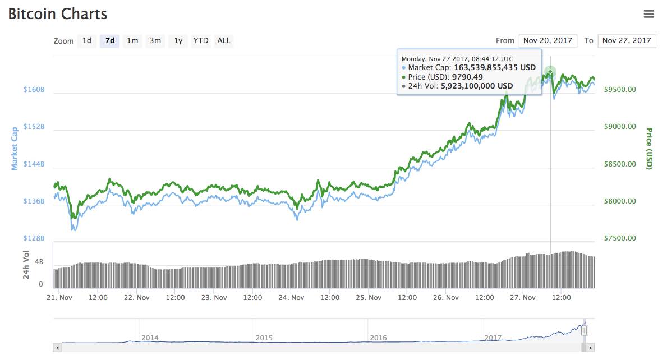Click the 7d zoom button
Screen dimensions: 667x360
pyautogui.click(x=110, y=41)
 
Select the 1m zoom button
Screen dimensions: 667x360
pyautogui.click(x=132, y=41)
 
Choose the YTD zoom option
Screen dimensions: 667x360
pyautogui.click(x=201, y=41)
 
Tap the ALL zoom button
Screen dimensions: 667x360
pyautogui.click(x=224, y=41)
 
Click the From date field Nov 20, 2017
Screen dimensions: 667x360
pyautogui.click(x=548, y=41)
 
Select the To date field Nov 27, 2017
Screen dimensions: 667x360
pyautogui.click(x=627, y=41)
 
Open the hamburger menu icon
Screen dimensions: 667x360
pyautogui.click(x=648, y=14)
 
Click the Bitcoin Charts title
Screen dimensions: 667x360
pyautogui.click(x=57, y=14)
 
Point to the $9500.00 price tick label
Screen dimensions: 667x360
pyautogui.click(x=620, y=90)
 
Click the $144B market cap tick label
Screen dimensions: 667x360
pyautogui.click(x=34, y=164)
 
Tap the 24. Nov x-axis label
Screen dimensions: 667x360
pyautogui.click(x=291, y=298)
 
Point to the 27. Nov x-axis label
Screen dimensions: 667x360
pyautogui.click(x=523, y=298)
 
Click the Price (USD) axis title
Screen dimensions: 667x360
pyautogui.click(x=649, y=149)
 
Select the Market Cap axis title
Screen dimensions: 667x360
pyautogui.click(x=15, y=149)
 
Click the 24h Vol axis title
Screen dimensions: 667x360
pyautogui.click(x=26, y=265)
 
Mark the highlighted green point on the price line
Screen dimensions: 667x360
pyautogui.click(x=550, y=72)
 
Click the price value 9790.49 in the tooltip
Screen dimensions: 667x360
pyautogui.click(x=467, y=77)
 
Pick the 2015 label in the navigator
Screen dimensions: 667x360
pyautogui.click(x=264, y=338)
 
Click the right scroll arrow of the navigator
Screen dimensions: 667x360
pyautogui.click(x=590, y=348)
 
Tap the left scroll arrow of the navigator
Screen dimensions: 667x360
pyautogui.click(x=57, y=348)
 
